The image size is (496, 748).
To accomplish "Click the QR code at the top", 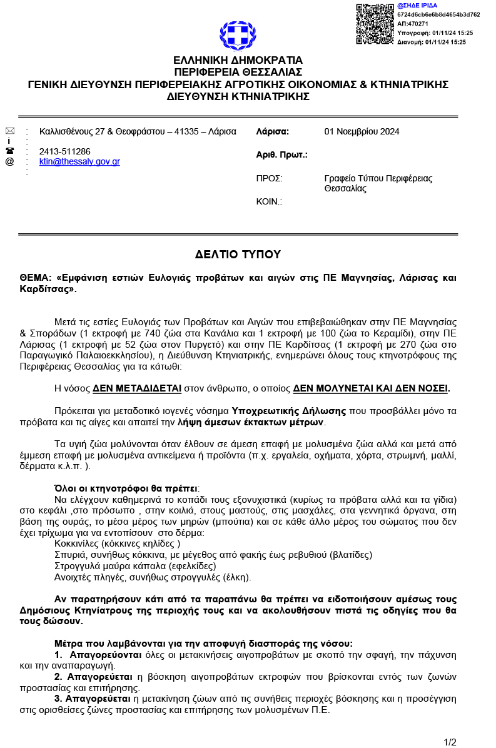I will click(375, 24).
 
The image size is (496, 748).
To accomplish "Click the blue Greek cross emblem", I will click(238, 36).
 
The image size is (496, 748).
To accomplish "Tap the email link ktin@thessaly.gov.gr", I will click(79, 161).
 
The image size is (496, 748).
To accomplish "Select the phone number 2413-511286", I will click(64, 151).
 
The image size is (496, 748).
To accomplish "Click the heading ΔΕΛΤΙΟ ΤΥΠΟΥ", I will click(238, 255).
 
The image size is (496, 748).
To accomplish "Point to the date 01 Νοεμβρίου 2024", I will click(362, 131).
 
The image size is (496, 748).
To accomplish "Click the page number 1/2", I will click(450, 742).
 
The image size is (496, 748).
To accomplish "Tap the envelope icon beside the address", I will click(9, 131).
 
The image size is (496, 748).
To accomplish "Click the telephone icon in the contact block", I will click(9, 151).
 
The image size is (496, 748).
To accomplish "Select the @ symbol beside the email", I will click(9, 161).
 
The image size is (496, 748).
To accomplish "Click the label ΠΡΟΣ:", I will click(270, 178).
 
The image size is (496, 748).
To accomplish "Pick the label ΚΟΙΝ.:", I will click(270, 201).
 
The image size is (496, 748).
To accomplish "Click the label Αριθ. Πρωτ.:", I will click(281, 154).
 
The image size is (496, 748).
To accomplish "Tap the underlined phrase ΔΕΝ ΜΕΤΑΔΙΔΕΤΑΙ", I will click(137, 388).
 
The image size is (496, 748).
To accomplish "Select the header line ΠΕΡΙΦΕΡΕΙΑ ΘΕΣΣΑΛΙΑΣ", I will click(238, 72).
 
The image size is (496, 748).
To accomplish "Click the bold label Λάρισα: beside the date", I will click(273, 131).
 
